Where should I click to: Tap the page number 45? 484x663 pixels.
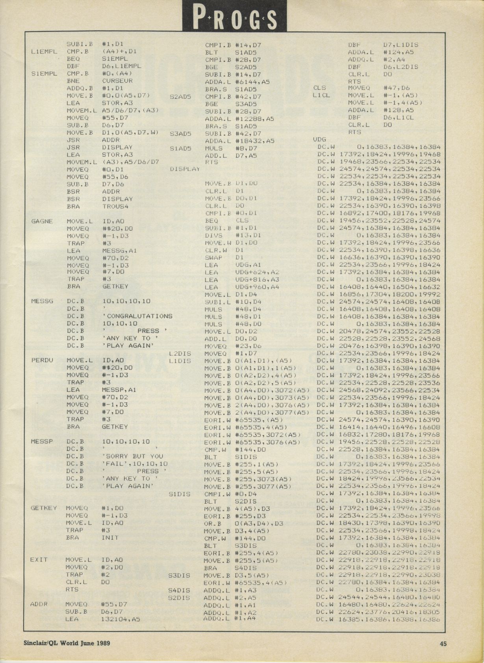[443, 644]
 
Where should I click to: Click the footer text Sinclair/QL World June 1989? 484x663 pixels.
[67, 643]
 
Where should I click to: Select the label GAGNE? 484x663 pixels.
[42, 221]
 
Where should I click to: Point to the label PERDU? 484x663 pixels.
[42, 360]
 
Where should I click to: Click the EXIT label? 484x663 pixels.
[39, 560]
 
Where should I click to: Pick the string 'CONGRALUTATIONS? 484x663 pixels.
[137, 316]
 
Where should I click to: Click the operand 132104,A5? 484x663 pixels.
[121, 619]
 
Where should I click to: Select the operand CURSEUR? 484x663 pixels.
[117, 81]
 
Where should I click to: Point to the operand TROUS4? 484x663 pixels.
[115, 206]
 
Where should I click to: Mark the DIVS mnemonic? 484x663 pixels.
[213, 235]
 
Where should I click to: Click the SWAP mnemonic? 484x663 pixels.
[213, 258]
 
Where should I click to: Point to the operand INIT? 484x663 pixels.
[110, 537]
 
